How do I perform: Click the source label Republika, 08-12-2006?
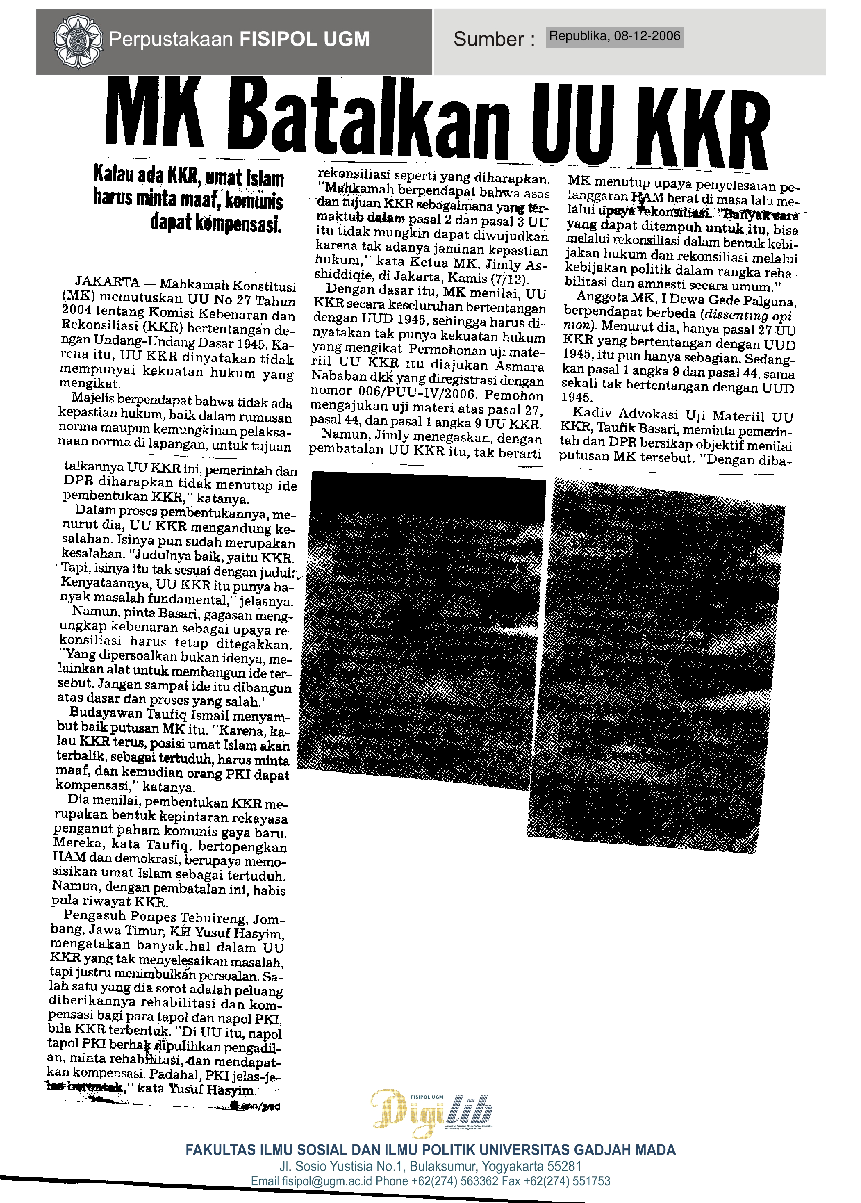coord(614,36)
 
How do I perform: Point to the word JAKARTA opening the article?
coord(107,282)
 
